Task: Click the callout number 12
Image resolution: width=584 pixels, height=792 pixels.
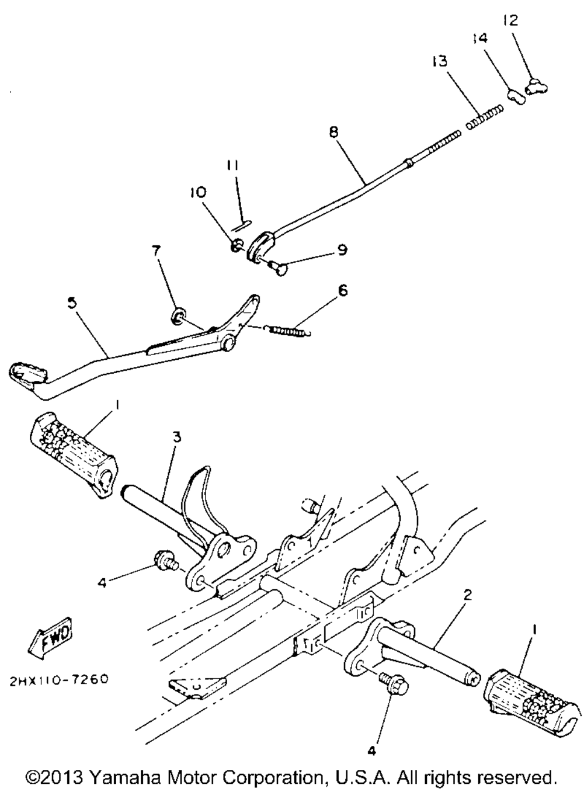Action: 510,20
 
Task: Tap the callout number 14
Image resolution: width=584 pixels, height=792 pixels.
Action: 481,38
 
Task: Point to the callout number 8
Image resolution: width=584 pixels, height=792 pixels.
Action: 333,132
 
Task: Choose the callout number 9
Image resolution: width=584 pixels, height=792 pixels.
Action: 342,251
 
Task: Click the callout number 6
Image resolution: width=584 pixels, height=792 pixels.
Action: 342,290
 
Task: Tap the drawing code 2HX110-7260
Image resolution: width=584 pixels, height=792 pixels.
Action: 58,680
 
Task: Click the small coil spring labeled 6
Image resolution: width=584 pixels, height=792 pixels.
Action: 290,330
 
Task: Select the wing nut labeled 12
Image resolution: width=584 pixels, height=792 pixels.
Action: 537,88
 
